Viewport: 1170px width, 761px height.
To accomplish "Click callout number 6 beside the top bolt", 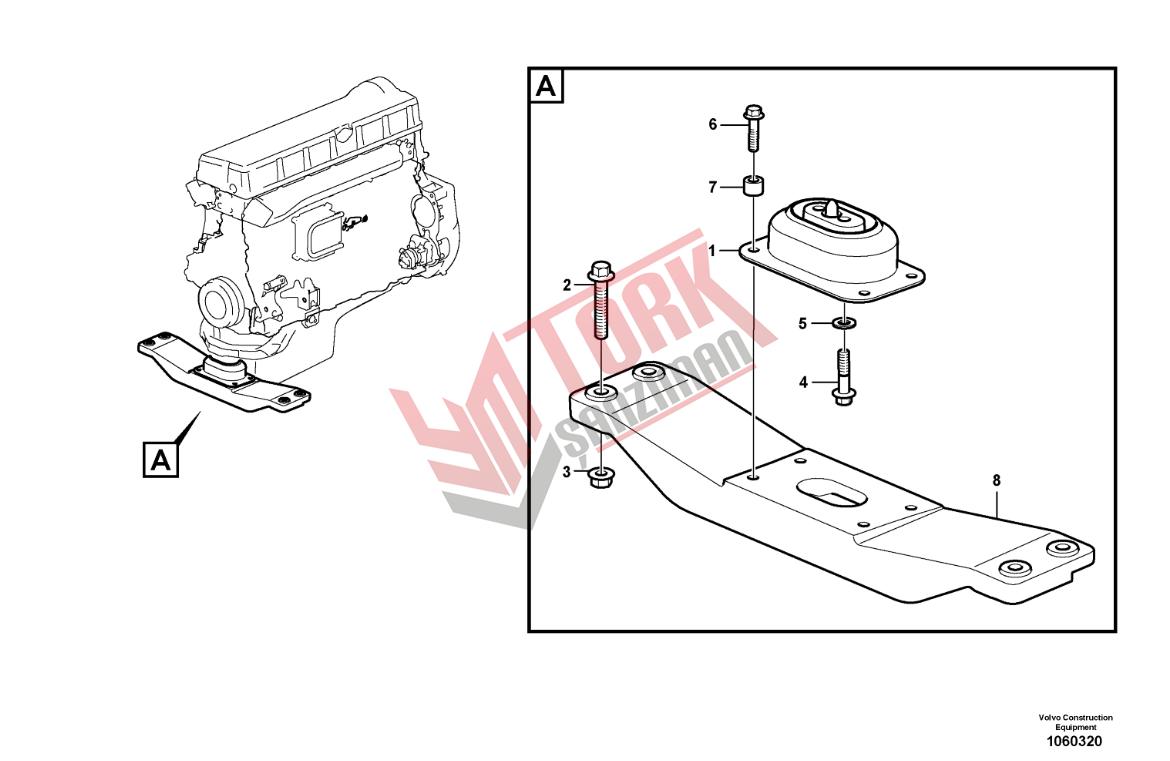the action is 713,125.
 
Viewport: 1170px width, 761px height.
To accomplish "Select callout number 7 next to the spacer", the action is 713,187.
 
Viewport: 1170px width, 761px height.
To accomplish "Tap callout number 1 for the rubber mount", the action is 712,251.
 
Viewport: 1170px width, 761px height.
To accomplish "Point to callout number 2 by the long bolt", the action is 567,285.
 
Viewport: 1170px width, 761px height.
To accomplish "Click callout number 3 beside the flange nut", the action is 566,472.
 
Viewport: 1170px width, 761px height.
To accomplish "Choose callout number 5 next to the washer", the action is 803,324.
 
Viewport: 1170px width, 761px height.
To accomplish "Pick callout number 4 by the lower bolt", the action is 804,383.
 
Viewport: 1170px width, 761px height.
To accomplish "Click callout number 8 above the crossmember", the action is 996,481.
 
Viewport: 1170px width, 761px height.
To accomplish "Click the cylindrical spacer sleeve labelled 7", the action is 755,185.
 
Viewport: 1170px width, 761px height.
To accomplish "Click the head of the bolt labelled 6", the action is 754,114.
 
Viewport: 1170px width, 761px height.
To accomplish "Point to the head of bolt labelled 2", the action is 601,271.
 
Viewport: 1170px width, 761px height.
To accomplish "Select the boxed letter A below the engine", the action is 160,460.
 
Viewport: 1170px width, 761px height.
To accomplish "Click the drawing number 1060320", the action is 1074,742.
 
